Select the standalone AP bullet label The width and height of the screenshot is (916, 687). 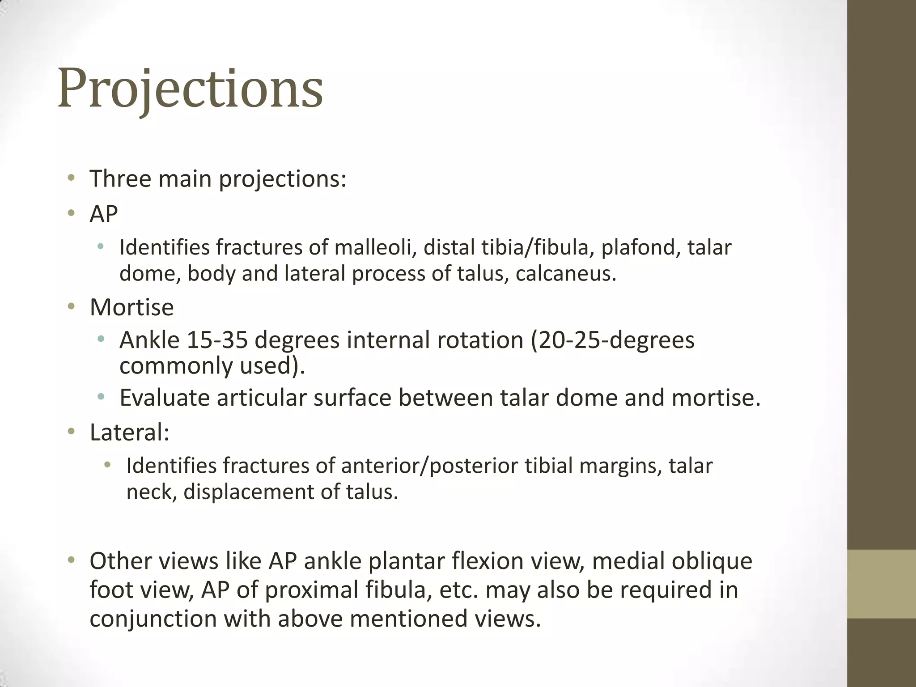pos(104,214)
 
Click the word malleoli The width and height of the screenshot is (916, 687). pos(373,248)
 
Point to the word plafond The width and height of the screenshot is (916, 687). pos(639,248)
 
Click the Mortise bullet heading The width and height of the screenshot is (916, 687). pos(131,308)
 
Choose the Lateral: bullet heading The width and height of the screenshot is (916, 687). pos(129,433)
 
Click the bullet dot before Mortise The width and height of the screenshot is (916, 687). pos(71,307)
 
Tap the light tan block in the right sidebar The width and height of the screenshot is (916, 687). pos(882,584)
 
